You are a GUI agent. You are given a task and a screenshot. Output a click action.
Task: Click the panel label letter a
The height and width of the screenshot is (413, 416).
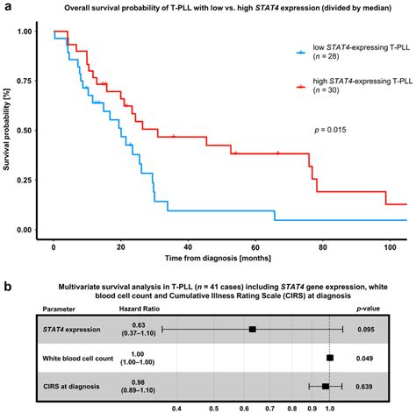tap(6, 7)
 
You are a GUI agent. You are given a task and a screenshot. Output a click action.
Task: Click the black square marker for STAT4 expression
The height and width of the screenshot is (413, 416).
tap(252, 330)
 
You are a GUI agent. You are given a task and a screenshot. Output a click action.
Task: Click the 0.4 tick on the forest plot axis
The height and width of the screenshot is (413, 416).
tap(177, 407)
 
